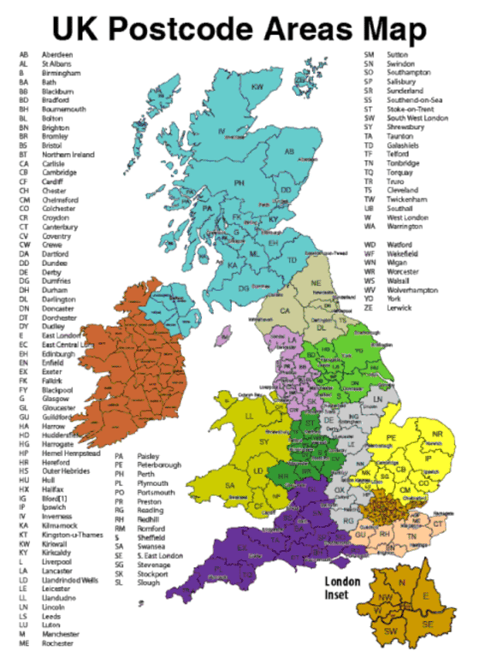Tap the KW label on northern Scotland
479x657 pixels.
(257, 87)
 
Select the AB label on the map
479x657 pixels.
(289, 152)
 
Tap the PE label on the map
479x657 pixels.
(392, 438)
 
